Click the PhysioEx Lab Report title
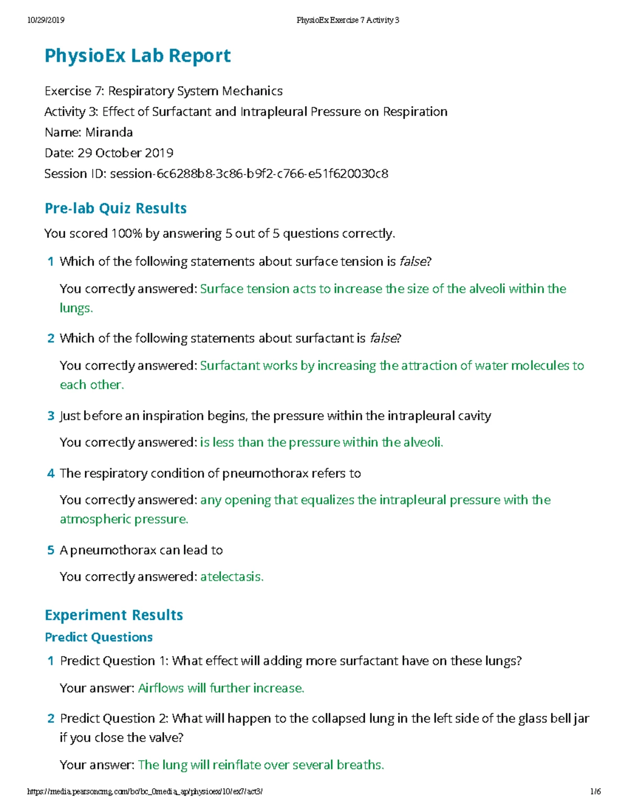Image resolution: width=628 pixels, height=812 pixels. point(138,56)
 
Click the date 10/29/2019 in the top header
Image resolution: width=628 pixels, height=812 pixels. point(46,20)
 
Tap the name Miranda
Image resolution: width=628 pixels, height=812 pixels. point(109,132)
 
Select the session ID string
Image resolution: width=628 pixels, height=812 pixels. point(249,174)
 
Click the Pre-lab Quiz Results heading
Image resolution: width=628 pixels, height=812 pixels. point(116,208)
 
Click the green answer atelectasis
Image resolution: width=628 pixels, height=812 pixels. point(232,577)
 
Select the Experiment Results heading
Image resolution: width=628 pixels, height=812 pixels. point(114,615)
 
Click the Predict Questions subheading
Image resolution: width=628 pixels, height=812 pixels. point(99,637)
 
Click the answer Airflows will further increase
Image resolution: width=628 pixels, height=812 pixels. point(221,688)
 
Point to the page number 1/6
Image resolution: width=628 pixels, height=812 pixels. point(595,792)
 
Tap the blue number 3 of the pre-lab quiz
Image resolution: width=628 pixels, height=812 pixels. point(51,416)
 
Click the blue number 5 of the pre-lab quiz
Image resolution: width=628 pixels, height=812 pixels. point(51,550)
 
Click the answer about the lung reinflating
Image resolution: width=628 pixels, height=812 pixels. point(261,765)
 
